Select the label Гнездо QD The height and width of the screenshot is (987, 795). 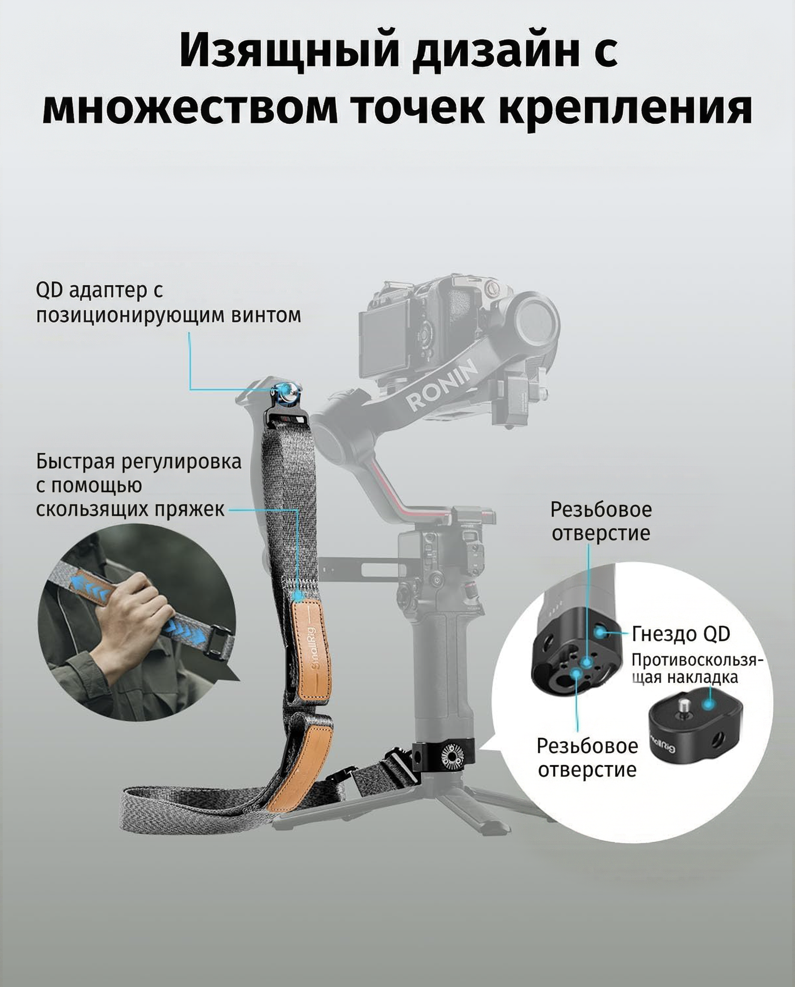681,634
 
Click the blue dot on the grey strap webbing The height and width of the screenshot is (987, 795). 298,595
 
